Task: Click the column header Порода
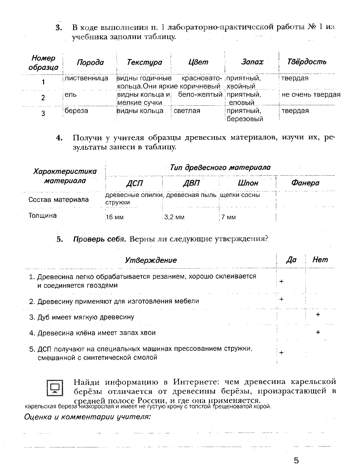pos(90,62)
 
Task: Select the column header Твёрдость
pos(307,62)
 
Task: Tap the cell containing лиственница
pos(86,78)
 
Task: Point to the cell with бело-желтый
pos(200,95)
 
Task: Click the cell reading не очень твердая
pos(311,95)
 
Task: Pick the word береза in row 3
pos(76,111)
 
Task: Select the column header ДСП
pos(134,183)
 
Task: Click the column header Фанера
pos(305,183)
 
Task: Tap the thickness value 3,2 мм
pos(174,217)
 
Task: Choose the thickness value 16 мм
pos(115,217)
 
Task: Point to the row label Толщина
pos(43,216)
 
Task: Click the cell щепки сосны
pos(239,195)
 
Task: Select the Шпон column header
pos(248,183)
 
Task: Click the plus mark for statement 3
pos(318,315)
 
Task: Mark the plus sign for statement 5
pos(282,353)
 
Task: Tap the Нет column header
pos(320,260)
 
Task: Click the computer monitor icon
pos(56,387)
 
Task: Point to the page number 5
pos(296,461)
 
